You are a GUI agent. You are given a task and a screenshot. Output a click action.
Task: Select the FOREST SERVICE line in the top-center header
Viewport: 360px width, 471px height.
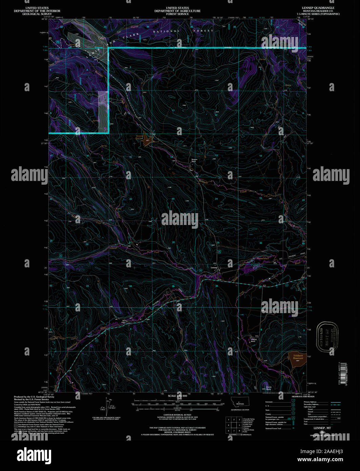(177, 14)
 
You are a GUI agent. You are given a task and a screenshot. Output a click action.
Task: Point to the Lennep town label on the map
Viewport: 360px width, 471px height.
(214, 267)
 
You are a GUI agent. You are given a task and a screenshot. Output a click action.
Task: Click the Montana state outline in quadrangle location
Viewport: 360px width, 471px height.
(240, 403)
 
